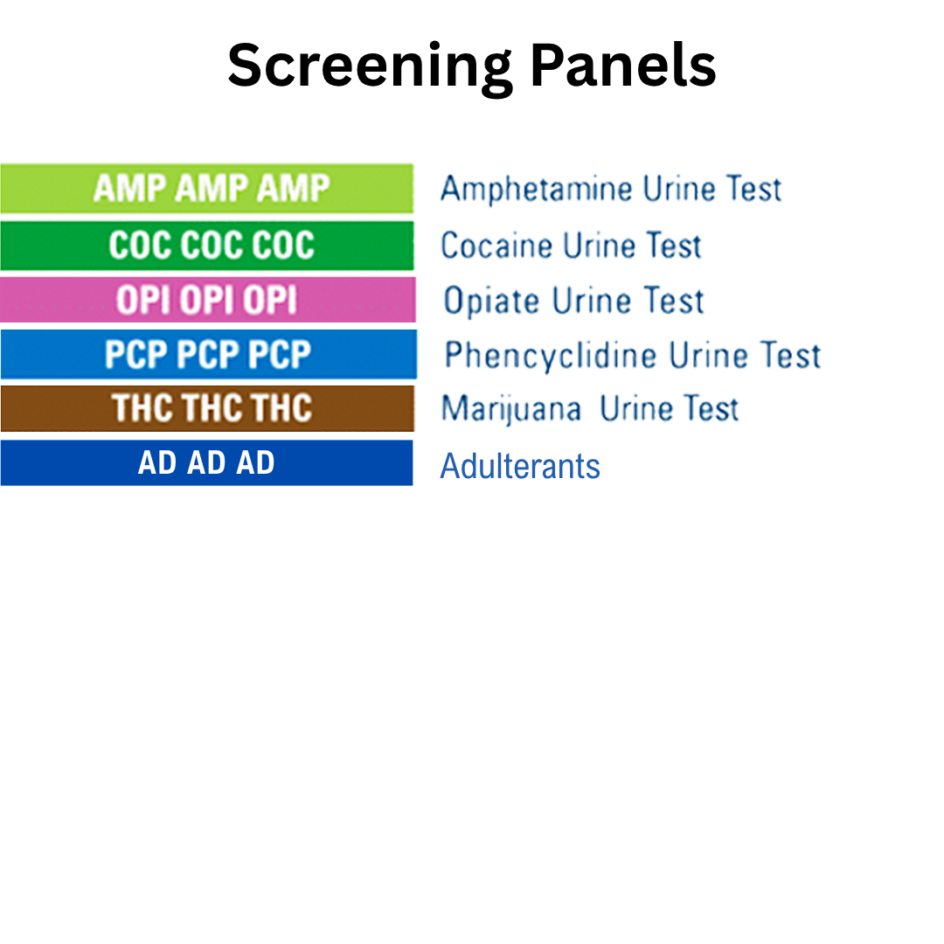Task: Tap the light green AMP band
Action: click(206, 188)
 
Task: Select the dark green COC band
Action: click(206, 246)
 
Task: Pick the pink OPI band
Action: click(207, 300)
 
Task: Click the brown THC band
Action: click(207, 408)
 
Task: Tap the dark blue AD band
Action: click(206, 462)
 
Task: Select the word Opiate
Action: click(491, 302)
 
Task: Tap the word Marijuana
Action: click(511, 409)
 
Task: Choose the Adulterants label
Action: click(520, 466)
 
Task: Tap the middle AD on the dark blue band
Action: click(206, 462)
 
